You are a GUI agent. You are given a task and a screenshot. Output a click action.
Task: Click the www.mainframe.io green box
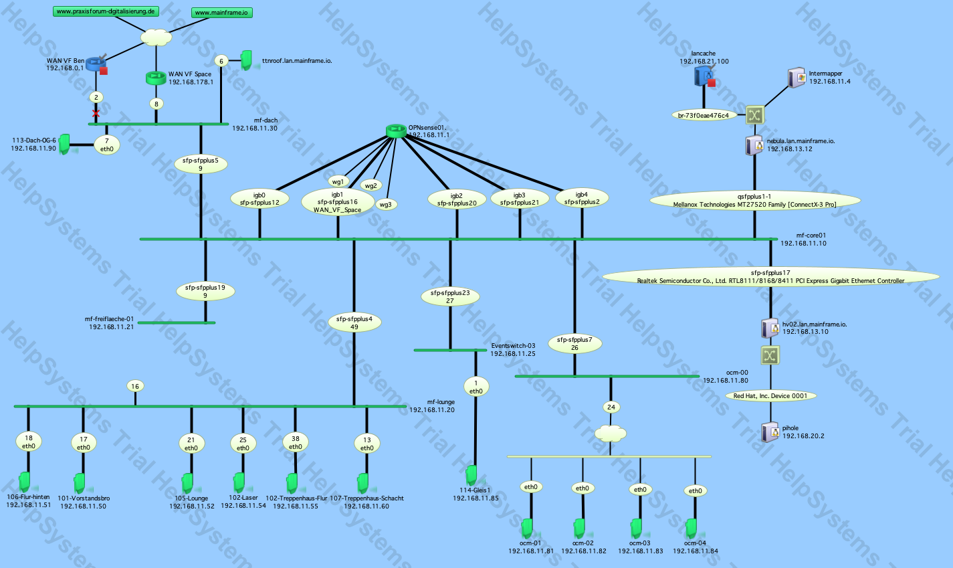click(x=223, y=13)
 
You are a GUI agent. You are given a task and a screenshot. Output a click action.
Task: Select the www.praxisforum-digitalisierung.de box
click(x=106, y=11)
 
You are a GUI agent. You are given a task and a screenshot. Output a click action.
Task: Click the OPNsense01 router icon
click(x=396, y=130)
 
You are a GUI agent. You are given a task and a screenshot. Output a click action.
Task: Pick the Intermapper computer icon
click(x=797, y=77)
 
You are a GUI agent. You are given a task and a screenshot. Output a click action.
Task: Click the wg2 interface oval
click(x=370, y=185)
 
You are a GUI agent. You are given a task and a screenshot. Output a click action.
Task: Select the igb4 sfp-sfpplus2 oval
click(x=581, y=198)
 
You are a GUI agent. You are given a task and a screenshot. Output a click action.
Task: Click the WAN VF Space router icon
click(x=156, y=78)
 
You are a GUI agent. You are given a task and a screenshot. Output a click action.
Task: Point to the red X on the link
click(x=96, y=114)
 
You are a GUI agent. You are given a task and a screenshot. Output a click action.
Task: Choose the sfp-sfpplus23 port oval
click(x=450, y=296)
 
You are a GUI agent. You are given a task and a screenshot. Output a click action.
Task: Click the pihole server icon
click(x=770, y=432)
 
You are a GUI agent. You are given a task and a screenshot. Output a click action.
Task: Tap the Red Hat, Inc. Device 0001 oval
click(x=770, y=395)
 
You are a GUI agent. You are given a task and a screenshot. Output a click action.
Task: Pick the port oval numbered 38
click(x=295, y=442)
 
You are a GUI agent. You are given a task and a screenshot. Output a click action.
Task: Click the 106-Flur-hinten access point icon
click(x=25, y=481)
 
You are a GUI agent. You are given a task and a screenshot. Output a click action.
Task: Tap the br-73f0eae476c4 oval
click(x=703, y=115)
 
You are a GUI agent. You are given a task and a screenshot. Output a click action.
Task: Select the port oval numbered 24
click(x=611, y=407)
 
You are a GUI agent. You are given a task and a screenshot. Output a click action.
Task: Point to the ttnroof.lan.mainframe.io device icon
click(x=246, y=60)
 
